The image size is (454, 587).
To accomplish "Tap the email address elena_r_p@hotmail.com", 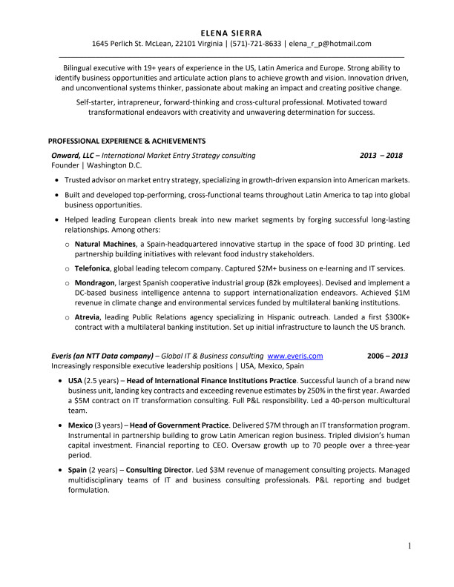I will [330, 44].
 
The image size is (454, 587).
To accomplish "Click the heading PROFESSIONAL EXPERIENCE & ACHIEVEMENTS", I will [127, 140].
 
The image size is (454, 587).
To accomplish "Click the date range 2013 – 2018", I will [381, 156].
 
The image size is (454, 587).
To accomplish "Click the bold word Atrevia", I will [89, 317].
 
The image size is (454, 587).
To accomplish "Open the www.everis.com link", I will [295, 356].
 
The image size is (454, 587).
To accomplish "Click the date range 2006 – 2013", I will [388, 356].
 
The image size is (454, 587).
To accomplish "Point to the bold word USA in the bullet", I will [76, 380].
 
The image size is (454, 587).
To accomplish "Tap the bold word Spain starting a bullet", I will [77, 470].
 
